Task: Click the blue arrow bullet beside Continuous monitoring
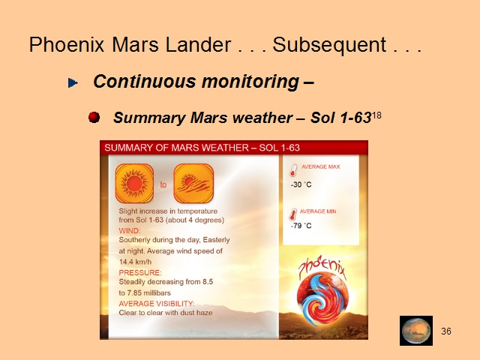[x=73, y=82]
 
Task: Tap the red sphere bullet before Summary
[x=94, y=117]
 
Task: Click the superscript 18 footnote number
[x=376, y=115]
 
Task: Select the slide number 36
[x=446, y=331]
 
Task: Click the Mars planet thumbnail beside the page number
[x=416, y=331]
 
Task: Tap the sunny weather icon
[x=134, y=183]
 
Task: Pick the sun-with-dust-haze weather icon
[x=193, y=183]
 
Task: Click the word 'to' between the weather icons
[x=163, y=184]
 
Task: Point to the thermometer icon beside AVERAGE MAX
[x=293, y=170]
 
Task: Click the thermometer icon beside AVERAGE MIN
[x=293, y=214]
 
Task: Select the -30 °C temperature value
[x=301, y=184]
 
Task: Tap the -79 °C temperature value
[x=301, y=226]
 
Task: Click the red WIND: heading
[x=130, y=231]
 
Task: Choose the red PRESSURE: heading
[x=140, y=273]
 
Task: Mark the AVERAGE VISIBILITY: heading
[x=157, y=304]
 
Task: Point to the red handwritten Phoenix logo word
[x=322, y=267]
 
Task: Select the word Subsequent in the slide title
[x=329, y=45]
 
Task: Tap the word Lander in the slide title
[x=198, y=45]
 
